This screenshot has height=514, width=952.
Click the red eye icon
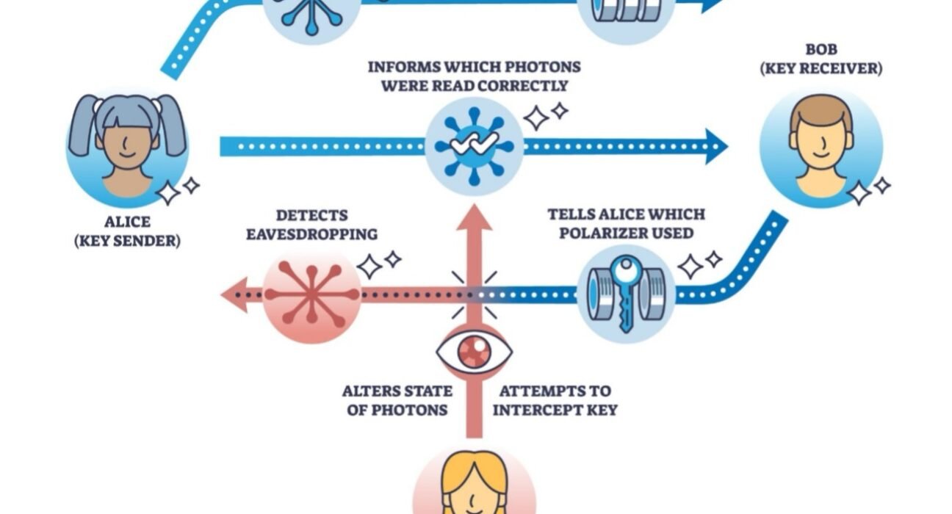(474, 351)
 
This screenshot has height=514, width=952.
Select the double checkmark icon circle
(474, 145)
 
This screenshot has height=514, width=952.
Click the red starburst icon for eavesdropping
(311, 294)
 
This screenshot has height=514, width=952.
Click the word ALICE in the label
(127, 222)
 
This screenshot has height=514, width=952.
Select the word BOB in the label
(821, 50)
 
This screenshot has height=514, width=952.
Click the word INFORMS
(402, 67)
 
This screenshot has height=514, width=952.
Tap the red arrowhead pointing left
(234, 294)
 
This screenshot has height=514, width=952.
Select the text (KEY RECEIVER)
(821, 69)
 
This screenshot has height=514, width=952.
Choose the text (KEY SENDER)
(127, 240)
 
